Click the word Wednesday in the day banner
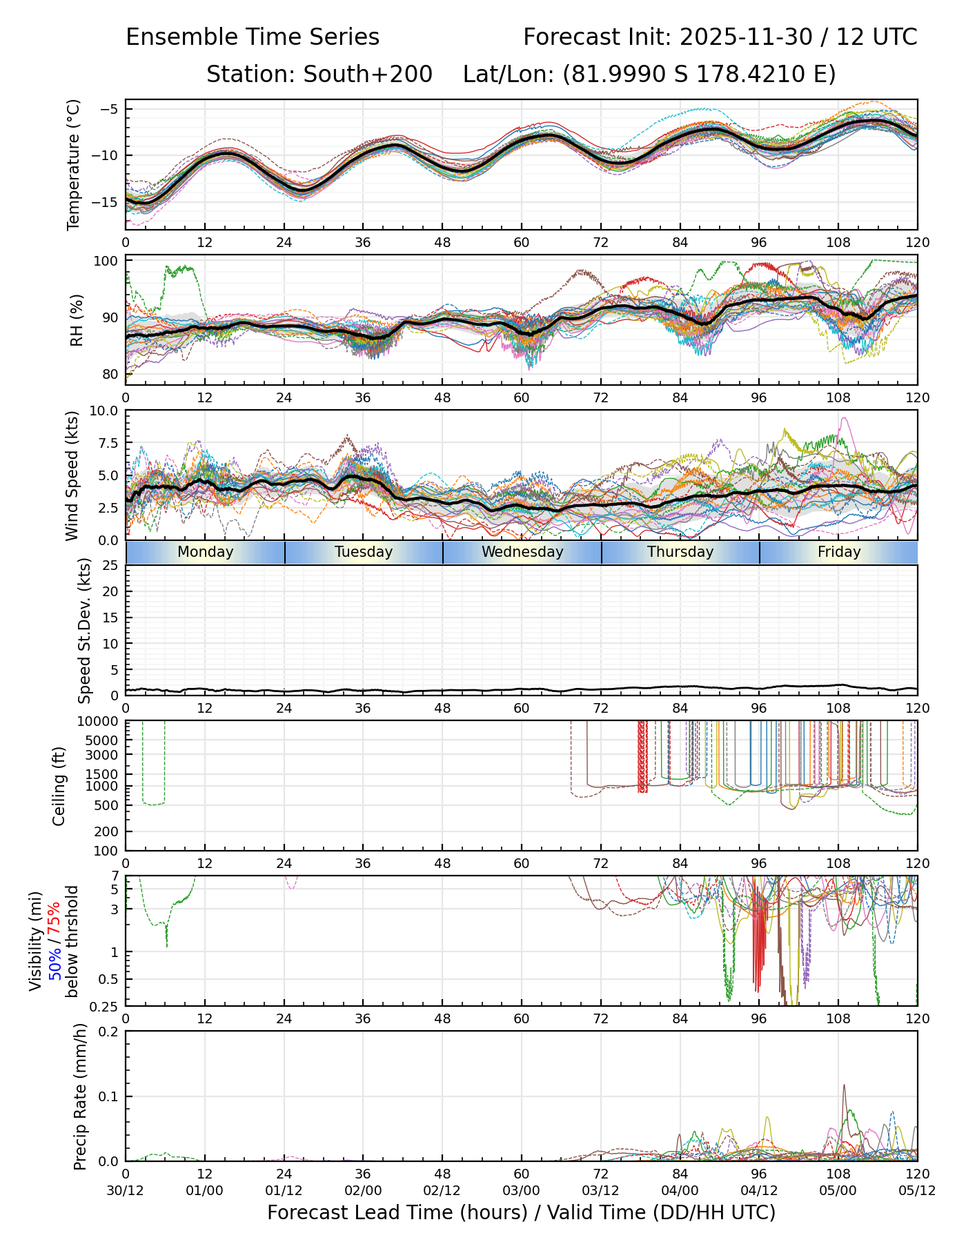[x=522, y=552]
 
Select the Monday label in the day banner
[x=205, y=552]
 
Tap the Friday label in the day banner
[x=839, y=552]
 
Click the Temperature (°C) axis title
[x=74, y=164]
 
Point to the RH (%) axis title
[x=77, y=319]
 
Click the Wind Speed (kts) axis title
[x=72, y=475]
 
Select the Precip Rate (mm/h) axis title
[x=80, y=1096]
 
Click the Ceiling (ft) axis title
[x=59, y=786]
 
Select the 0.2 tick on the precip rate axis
[x=110, y=1032]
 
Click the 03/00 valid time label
[x=522, y=1190]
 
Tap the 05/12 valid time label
[x=917, y=1190]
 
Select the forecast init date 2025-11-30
[x=746, y=37]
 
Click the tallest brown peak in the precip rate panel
[x=844, y=1086]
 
